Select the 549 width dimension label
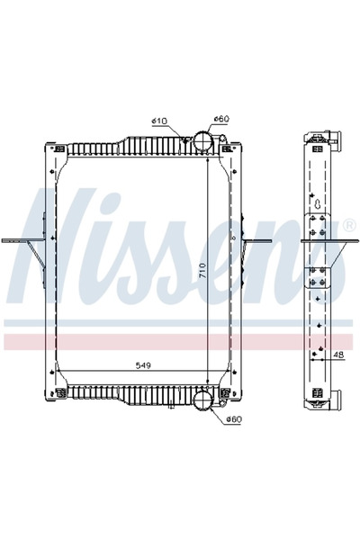pyautogui.click(x=142, y=366)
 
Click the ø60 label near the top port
pyautogui.click(x=221, y=121)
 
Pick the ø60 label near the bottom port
pyautogui.click(x=233, y=419)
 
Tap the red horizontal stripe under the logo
pyautogui.click(x=180, y=341)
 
